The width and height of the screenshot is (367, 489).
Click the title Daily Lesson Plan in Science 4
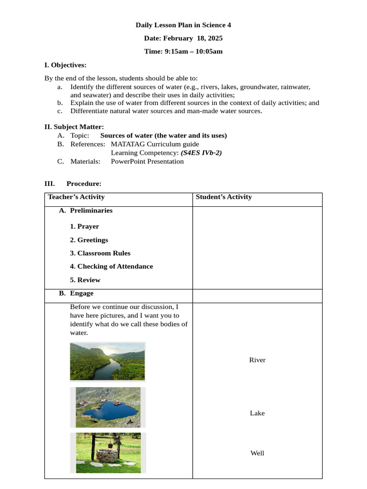tap(183, 25)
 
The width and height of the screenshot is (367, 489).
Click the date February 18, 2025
tap(183, 38)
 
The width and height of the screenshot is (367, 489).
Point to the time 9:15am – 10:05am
tap(183, 51)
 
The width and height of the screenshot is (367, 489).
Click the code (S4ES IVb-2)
tap(201, 153)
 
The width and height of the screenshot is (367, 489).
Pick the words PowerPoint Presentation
tap(147, 161)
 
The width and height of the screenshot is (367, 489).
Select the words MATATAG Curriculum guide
tap(155, 144)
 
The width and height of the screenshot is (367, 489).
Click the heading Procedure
tap(84, 183)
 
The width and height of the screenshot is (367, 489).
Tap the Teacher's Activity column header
tap(76, 197)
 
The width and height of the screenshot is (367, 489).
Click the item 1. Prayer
tap(85, 226)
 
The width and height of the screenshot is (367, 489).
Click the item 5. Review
tap(85, 280)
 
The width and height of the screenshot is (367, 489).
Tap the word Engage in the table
tap(82, 293)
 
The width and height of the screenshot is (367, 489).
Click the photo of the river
tap(108, 361)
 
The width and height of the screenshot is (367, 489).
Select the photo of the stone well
tap(108, 453)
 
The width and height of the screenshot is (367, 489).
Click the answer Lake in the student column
tap(257, 413)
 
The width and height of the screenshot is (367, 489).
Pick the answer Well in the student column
tap(257, 453)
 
